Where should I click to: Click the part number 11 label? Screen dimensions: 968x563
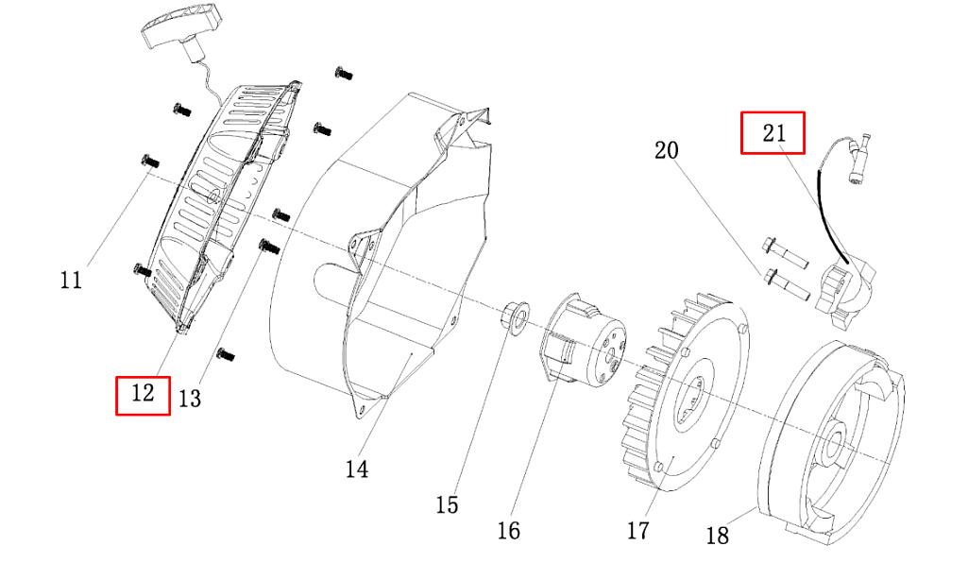71,281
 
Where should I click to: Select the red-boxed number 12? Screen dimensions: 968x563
143,393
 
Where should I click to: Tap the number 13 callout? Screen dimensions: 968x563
190,399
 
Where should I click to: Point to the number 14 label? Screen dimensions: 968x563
357,469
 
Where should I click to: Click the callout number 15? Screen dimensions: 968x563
447,505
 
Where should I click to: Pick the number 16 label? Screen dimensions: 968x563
509,530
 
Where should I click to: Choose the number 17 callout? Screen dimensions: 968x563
638,530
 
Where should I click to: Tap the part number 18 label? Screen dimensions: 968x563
718,536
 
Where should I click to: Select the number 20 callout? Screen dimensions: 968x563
667,150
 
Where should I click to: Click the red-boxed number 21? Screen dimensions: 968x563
774,133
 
